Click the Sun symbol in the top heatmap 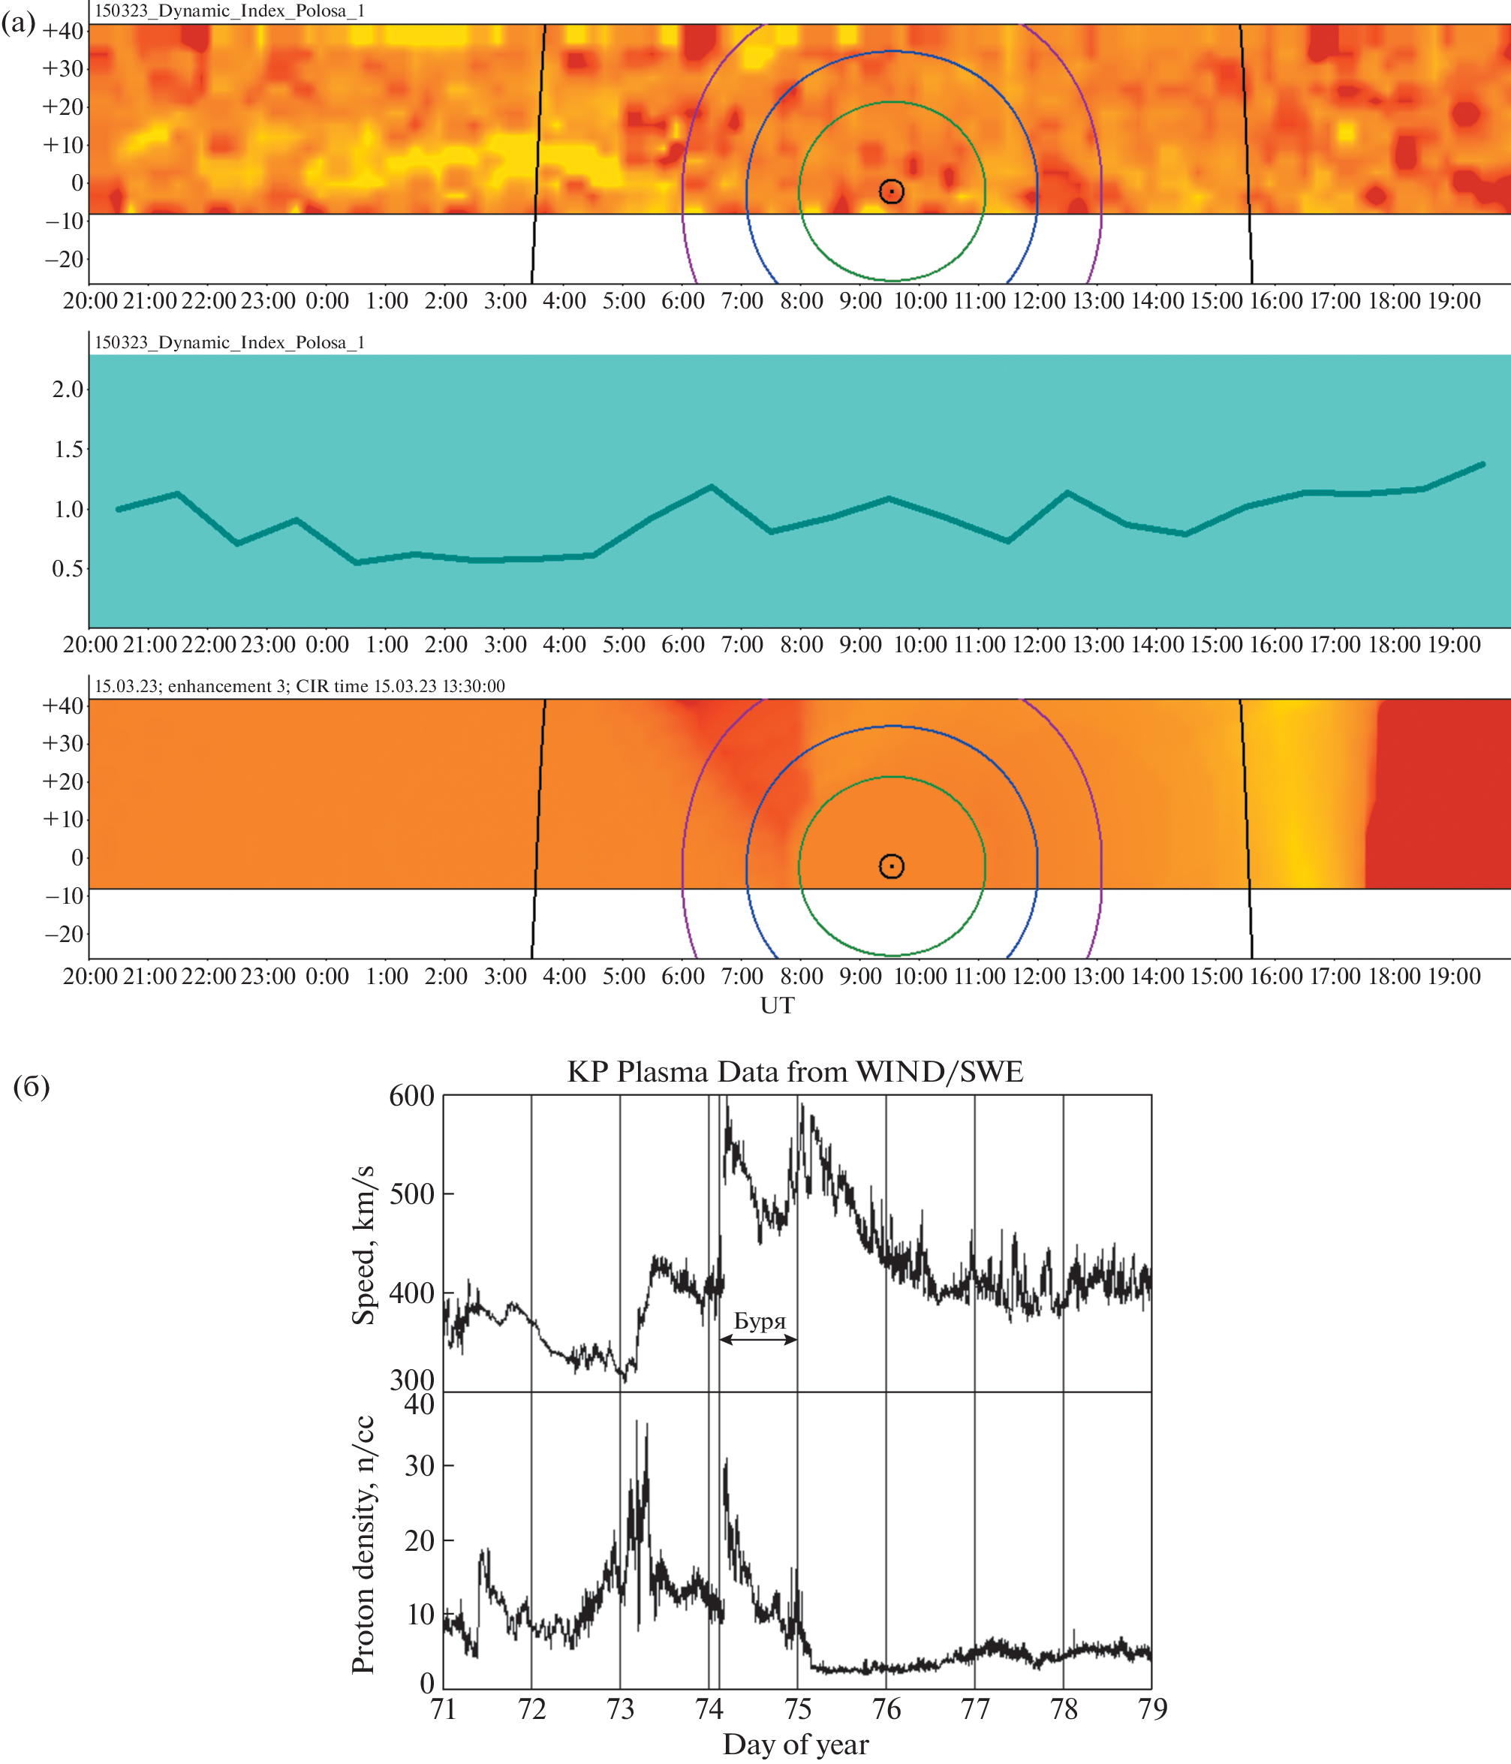coord(891,191)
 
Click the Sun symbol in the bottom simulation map coord(891,867)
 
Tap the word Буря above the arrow coord(760,1321)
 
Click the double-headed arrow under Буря coord(758,1339)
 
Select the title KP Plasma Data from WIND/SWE coord(795,1071)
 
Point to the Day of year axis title coord(796,1744)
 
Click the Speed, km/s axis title coord(363,1245)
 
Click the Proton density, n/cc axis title coord(363,1544)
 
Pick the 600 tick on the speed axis coord(412,1096)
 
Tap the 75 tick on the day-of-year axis coord(798,1708)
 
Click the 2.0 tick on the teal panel coord(68,390)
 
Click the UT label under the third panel coord(777,1005)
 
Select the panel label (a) coord(19,23)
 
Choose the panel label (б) coord(32,1086)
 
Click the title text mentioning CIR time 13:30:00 coord(299,686)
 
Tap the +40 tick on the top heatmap coord(63,32)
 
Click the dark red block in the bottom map coord(1439,792)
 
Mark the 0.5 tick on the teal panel coord(68,569)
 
